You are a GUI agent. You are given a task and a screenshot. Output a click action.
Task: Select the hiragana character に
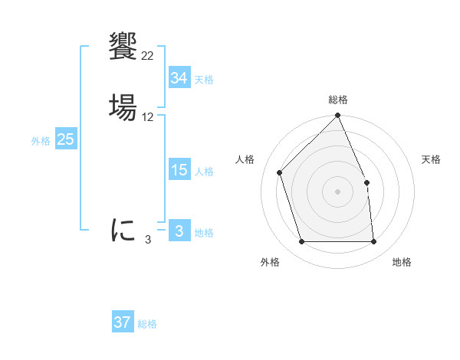coord(123,230)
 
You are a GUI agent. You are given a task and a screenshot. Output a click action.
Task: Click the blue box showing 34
coord(179,78)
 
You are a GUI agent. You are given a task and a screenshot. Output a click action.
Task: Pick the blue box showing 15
coord(179,170)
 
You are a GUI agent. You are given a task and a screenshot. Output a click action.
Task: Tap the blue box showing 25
coord(66,139)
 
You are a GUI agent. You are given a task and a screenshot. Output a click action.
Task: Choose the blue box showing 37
coord(123,322)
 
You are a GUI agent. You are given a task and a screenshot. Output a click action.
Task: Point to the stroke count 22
coord(147,56)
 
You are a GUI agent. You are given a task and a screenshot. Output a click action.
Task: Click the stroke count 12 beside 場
coord(147,117)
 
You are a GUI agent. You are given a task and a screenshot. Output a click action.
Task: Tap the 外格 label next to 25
coord(41,141)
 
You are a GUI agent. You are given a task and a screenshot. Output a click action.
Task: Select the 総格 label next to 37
coord(147,324)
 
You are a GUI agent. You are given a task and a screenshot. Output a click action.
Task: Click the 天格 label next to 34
coord(204,80)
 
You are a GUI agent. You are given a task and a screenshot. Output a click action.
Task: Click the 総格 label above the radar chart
coord(338,100)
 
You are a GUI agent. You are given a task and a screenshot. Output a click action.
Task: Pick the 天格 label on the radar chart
coord(431,159)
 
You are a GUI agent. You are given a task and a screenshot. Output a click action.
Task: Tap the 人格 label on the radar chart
coord(245,159)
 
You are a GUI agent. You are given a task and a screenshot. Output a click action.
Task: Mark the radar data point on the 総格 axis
coord(338,116)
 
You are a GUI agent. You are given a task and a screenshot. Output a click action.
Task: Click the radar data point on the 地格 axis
coord(374,242)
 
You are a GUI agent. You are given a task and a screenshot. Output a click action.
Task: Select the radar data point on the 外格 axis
coord(302,242)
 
